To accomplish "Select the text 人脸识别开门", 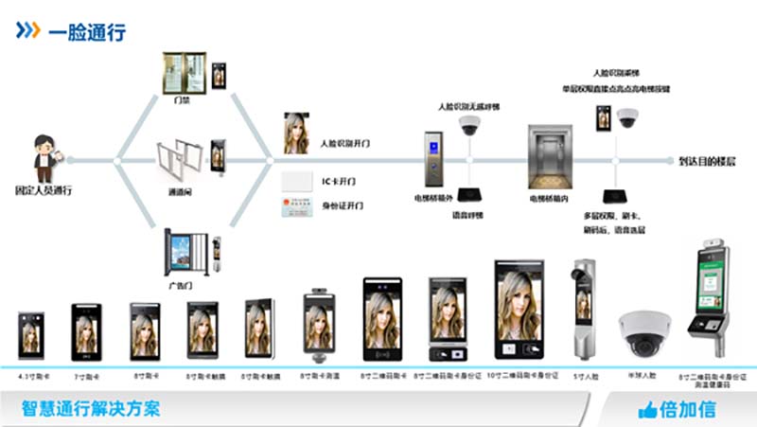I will (x=344, y=143).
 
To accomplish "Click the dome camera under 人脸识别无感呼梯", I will (x=471, y=127).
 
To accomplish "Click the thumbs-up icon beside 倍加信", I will (x=648, y=410).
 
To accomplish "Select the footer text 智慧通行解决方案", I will (x=91, y=409).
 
